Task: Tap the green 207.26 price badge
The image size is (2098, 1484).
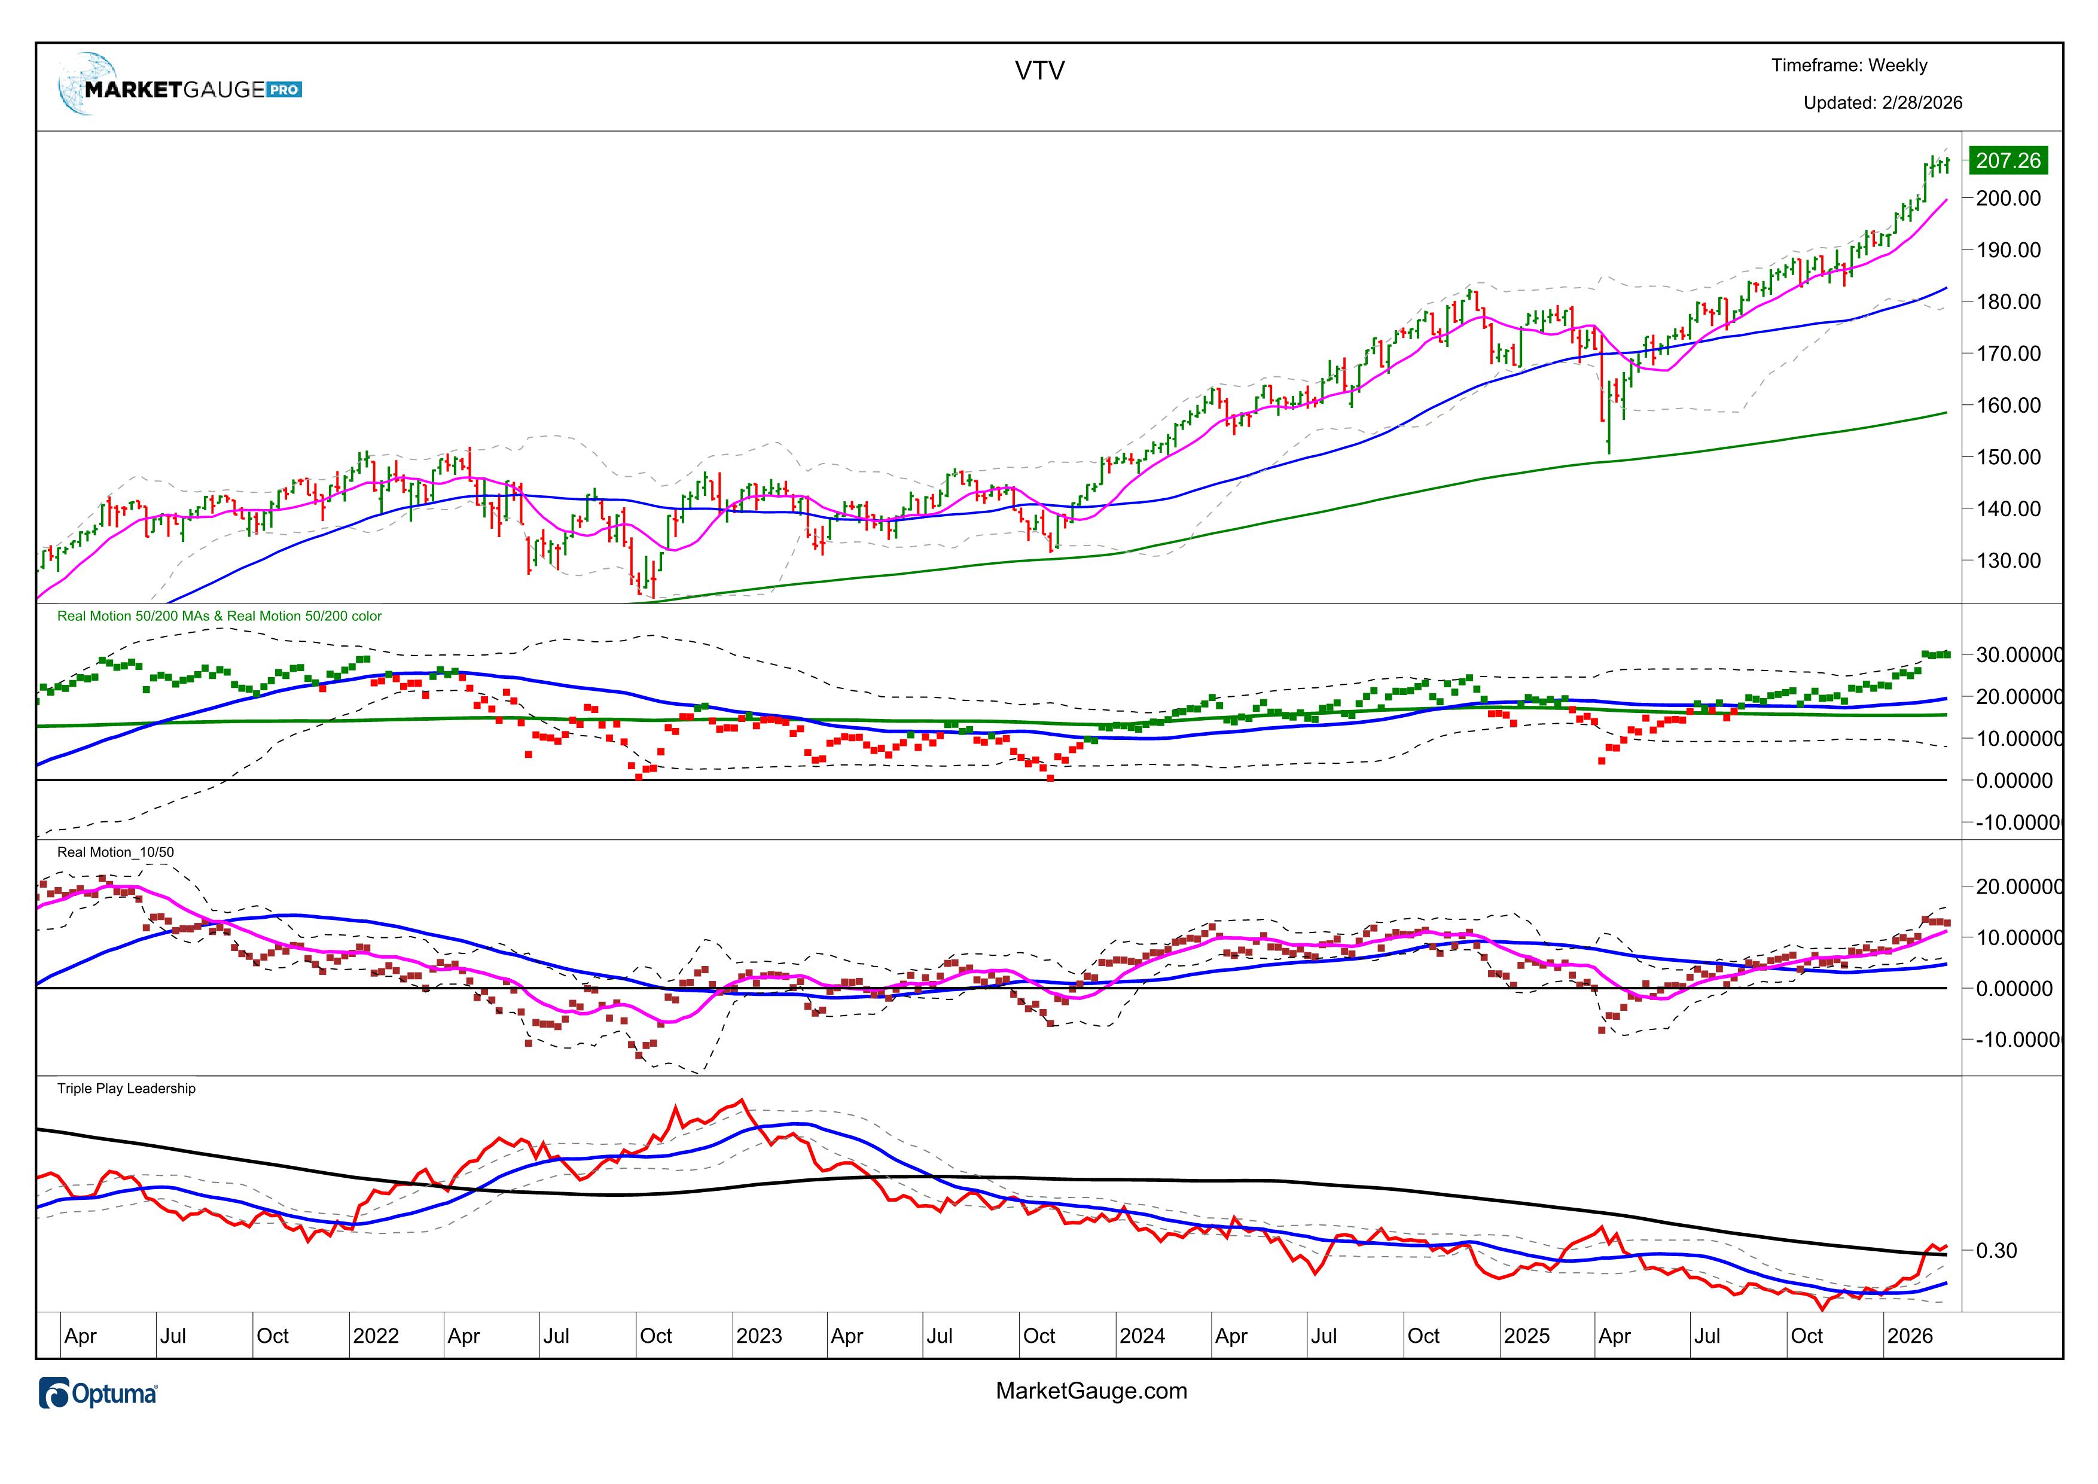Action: (2008, 161)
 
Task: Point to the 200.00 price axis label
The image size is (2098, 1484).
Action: (2008, 199)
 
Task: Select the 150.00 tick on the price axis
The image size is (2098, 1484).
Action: (2008, 457)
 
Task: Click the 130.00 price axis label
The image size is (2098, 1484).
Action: (2008, 560)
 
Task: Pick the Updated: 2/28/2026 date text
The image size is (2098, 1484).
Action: (1882, 103)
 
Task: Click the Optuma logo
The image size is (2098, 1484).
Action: (99, 1394)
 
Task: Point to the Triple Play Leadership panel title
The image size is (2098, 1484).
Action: (126, 1089)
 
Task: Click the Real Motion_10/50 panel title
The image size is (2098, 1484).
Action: (115, 852)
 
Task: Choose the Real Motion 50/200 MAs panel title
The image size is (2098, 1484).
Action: (219, 616)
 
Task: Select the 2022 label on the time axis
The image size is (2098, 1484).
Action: (376, 1336)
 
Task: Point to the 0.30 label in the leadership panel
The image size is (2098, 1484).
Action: (1996, 1251)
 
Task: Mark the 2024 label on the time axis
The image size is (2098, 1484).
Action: (1142, 1336)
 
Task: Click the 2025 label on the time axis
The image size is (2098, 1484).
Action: (1526, 1336)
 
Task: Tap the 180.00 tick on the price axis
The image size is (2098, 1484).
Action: (2008, 301)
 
